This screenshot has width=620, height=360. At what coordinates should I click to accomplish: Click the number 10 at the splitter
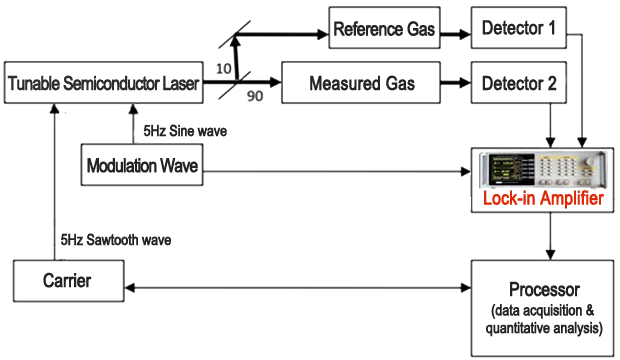[224, 67]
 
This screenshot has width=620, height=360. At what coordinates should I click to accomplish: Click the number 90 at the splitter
[255, 95]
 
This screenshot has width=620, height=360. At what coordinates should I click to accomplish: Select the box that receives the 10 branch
[384, 28]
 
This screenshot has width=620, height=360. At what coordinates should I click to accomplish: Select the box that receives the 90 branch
[361, 82]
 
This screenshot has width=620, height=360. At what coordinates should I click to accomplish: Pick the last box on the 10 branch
[518, 28]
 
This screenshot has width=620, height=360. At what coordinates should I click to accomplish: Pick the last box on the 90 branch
[518, 82]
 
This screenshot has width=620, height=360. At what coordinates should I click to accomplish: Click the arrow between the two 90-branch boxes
[455, 82]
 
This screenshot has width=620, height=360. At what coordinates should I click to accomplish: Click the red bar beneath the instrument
[542, 200]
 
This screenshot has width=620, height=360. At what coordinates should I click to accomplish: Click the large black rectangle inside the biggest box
[544, 308]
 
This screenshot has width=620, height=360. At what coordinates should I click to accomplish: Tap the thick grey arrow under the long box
[130, 124]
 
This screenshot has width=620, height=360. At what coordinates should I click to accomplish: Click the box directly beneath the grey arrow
[142, 165]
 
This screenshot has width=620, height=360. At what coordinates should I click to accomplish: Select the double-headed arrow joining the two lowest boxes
[298, 288]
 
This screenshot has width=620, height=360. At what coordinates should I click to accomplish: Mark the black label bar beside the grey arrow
[185, 130]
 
